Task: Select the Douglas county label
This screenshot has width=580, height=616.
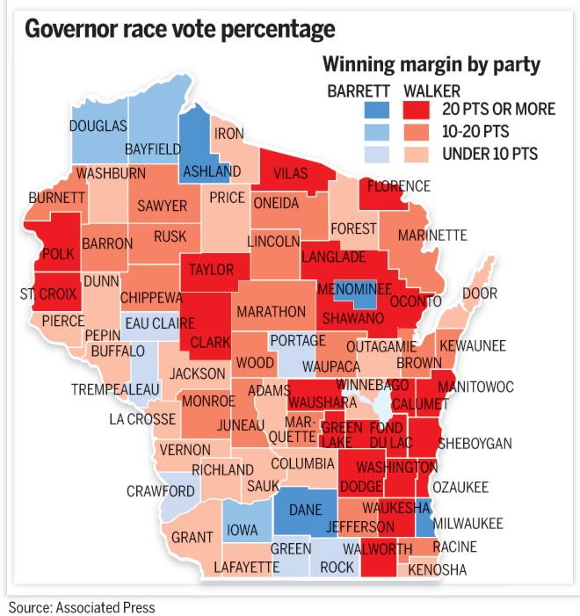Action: [x=98, y=127]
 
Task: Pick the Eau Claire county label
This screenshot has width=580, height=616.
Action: [x=160, y=323]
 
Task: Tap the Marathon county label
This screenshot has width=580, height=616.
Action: [x=271, y=312]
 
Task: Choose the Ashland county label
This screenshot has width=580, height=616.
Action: [x=210, y=170]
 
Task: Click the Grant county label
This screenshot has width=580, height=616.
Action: [x=192, y=537]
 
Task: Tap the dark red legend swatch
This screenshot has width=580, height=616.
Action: [x=418, y=110]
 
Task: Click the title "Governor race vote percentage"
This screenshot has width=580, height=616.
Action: [x=179, y=29]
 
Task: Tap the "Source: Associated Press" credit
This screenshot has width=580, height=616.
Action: [x=81, y=606]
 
